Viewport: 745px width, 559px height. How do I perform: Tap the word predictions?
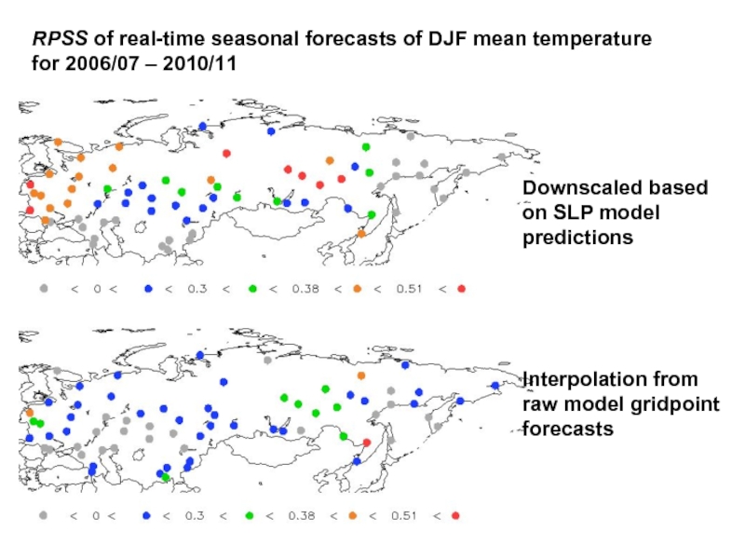(577, 238)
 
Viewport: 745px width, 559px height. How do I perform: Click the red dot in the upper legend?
(462, 289)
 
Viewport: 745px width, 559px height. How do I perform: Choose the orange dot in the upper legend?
(358, 289)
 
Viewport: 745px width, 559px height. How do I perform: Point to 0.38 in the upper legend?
(305, 289)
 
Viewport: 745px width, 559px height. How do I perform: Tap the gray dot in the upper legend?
(43, 289)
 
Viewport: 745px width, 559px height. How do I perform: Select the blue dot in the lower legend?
(146, 515)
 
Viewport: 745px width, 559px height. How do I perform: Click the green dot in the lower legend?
(251, 515)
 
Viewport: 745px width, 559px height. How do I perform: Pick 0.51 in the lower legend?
(404, 515)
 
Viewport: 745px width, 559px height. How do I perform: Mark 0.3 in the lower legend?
(197, 515)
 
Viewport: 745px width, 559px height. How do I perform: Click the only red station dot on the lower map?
(366, 443)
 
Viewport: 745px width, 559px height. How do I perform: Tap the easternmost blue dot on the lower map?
(494, 386)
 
